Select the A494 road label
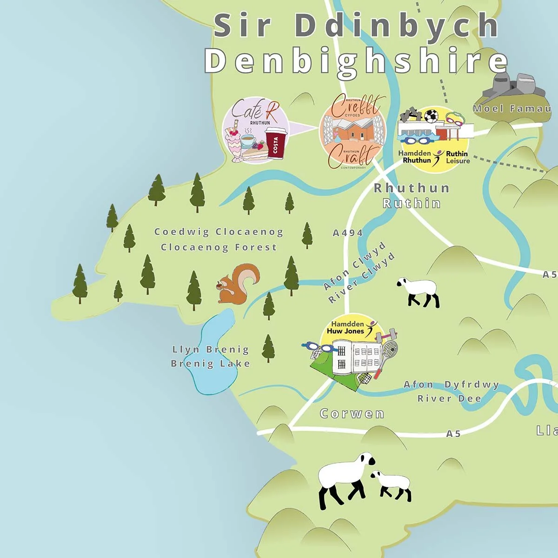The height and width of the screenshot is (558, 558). pyautogui.click(x=347, y=233)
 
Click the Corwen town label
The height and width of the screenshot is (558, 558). pyautogui.click(x=352, y=413)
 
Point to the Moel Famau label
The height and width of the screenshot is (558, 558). pyautogui.click(x=511, y=109)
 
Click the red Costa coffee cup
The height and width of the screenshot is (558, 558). pyautogui.click(x=275, y=144)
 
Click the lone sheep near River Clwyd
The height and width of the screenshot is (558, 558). pyautogui.click(x=418, y=292)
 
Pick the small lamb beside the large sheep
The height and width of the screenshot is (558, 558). pyautogui.click(x=392, y=485)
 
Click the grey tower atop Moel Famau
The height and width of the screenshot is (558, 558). pyautogui.click(x=511, y=88)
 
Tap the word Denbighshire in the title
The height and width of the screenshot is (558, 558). pyautogui.click(x=356, y=61)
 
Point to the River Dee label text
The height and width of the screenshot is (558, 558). pyautogui.click(x=449, y=399)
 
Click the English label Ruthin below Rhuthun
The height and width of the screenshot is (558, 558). pyautogui.click(x=412, y=203)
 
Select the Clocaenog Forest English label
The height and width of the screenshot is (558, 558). pyautogui.click(x=219, y=247)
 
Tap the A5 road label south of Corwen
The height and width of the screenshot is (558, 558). pyautogui.click(x=453, y=433)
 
